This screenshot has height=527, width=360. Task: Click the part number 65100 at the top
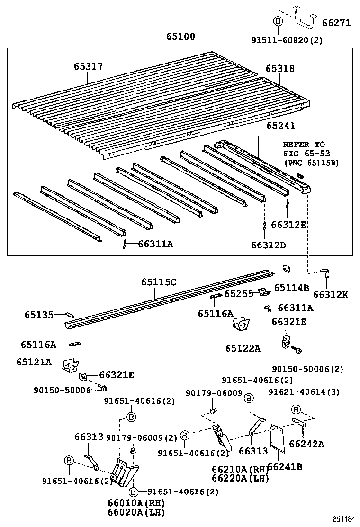pos(180,37)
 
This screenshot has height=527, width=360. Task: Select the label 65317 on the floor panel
pos(88,67)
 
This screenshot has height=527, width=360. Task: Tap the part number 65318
pos(279,69)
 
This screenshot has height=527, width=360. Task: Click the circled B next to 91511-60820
pos(278,22)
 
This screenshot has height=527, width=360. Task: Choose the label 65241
pos(280,126)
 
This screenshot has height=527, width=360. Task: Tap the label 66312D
pos(269,245)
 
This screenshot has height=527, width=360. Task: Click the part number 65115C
pos(159,282)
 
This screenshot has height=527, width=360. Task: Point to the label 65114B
pos(291,287)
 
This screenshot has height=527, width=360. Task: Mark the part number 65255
pos(239,294)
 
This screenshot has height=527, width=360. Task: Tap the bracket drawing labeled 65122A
pos(241,325)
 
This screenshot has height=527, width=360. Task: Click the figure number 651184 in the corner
pos(344,519)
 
